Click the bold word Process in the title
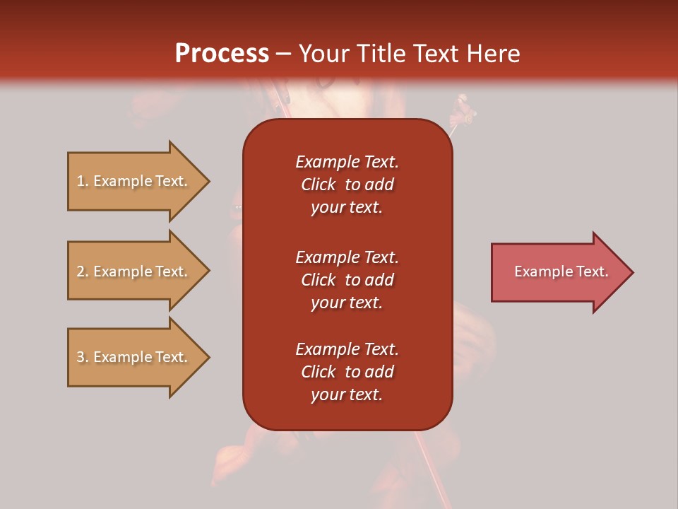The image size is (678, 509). pos(222,53)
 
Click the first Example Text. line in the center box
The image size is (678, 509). pos(347,162)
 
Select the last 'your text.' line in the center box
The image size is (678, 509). pos(347,394)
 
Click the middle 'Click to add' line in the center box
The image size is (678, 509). pos(347,280)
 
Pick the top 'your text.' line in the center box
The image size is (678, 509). pos(347,207)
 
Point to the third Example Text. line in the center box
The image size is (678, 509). pos(347,349)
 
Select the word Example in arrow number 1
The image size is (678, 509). pos(122,181)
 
